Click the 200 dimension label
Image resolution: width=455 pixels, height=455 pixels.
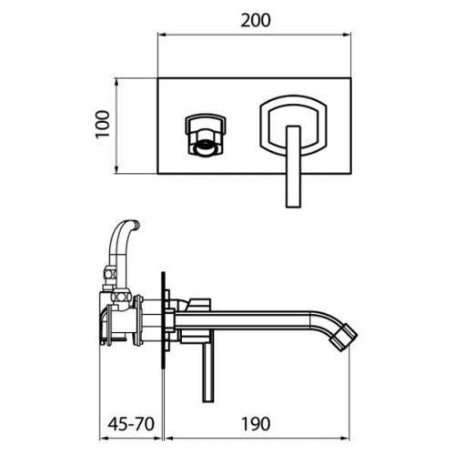coord(256,21)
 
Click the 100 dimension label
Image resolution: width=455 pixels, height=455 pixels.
coord(102,125)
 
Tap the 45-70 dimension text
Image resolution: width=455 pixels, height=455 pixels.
coord(131,424)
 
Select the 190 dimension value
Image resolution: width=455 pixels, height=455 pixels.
coord(256,424)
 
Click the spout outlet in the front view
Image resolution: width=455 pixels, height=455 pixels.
coord(207,135)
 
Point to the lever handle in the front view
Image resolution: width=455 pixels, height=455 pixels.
coord(293,167)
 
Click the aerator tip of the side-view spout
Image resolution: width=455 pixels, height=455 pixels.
coord(344,338)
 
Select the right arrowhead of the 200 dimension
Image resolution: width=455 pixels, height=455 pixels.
coord(347,35)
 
